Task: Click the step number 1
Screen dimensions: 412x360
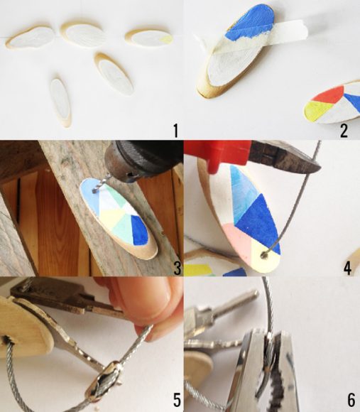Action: pyautogui.click(x=174, y=130)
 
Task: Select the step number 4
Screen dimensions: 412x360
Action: pyautogui.click(x=347, y=267)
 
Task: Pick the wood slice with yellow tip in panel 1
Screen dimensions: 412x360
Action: pyautogui.click(x=148, y=38)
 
